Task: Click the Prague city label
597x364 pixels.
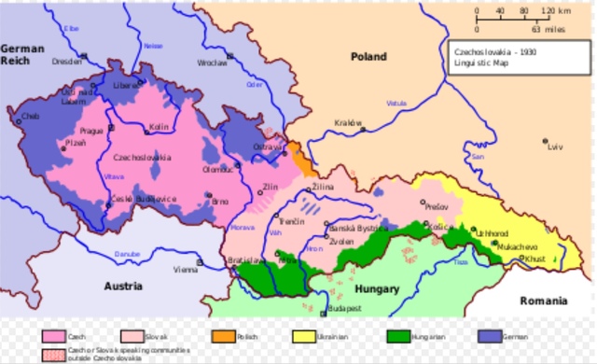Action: [x=90, y=132]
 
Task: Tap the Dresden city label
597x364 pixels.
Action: [x=68, y=62]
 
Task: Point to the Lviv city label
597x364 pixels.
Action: [x=556, y=147]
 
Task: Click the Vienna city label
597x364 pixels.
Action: [x=185, y=270]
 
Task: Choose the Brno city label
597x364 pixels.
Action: [x=220, y=202]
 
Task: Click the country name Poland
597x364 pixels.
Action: [x=368, y=57]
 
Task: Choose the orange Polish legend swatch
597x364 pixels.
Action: [x=221, y=335]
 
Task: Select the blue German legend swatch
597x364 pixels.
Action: [x=488, y=335]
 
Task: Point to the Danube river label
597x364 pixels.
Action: [x=128, y=254]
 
